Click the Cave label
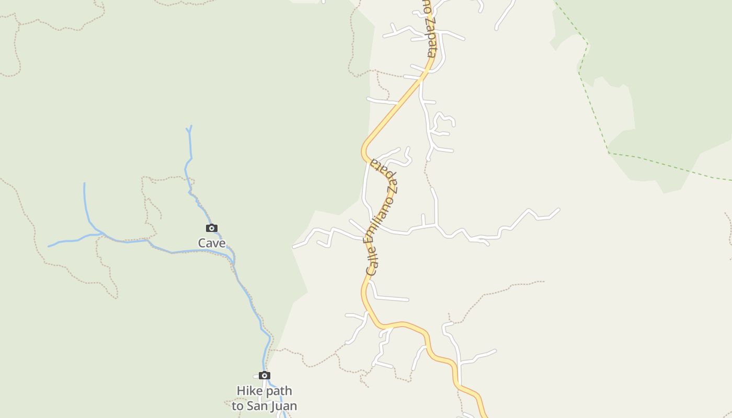click(212, 243)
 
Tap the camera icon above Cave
click(212, 228)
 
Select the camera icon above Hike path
click(265, 376)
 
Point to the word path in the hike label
click(278, 391)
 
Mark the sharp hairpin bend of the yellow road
click(363, 152)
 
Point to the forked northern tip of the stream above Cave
click(189, 129)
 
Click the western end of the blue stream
click(49, 246)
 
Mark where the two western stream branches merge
click(100, 234)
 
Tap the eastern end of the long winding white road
click(559, 210)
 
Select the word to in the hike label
click(238, 406)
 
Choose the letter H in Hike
click(241, 391)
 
